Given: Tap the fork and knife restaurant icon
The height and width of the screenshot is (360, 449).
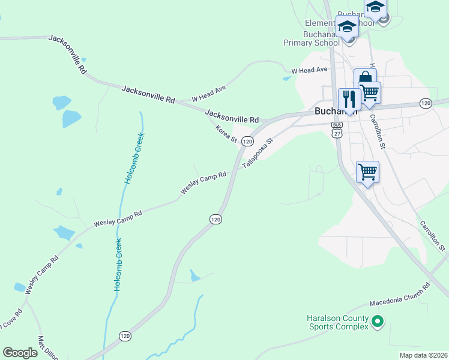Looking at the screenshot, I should click(348, 99).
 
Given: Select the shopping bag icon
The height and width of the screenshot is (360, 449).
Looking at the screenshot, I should click(364, 79).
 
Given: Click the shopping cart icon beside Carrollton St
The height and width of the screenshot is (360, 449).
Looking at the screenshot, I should click(367, 172).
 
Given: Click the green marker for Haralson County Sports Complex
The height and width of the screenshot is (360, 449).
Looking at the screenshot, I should click(377, 322).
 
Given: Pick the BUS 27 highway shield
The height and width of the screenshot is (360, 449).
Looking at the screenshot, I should click(337, 130).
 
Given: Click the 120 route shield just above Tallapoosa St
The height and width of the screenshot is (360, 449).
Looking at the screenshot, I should click(247, 140).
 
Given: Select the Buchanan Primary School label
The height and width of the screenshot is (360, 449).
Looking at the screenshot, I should click(312, 38).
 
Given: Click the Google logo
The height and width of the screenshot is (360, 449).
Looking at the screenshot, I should click(20, 353).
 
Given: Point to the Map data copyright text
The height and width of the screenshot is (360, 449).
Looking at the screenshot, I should click(423, 355).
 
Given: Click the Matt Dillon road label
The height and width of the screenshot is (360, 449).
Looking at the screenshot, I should click(48, 349).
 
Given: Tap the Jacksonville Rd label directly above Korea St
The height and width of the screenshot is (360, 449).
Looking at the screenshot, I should click(231, 116).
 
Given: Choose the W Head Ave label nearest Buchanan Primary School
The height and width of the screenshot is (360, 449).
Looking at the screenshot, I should click(309, 70).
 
